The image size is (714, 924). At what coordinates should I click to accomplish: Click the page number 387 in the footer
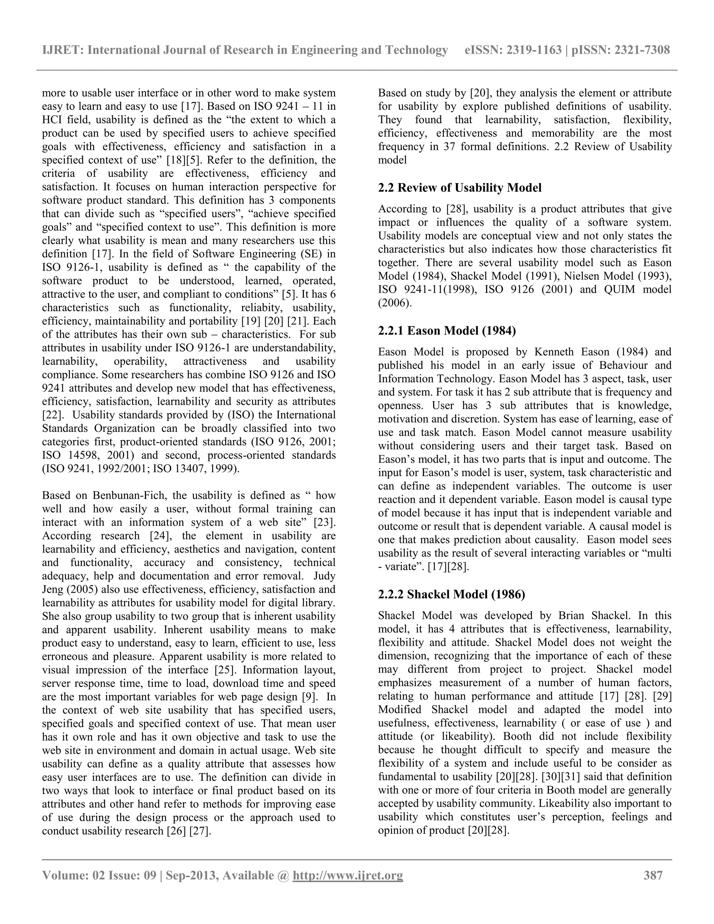tap(653, 875)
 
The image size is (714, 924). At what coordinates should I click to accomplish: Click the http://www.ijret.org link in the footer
tap(348, 875)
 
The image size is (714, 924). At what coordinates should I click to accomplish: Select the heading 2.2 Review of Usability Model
tap(459, 188)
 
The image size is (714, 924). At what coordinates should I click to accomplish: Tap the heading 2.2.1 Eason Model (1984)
tap(447, 331)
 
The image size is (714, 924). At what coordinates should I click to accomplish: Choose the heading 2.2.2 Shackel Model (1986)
tap(451, 594)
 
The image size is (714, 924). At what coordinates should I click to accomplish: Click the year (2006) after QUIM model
tap(394, 303)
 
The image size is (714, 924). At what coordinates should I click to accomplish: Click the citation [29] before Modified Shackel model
tap(662, 696)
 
